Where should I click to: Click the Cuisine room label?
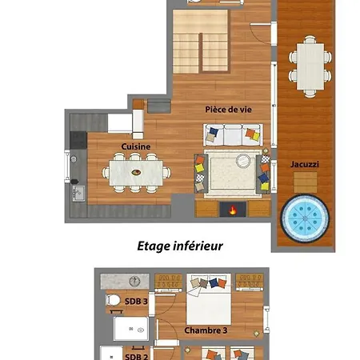136,146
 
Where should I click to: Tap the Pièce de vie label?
228,110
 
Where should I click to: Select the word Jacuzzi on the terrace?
305,164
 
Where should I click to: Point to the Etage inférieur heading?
180,246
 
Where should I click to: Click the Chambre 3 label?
206,330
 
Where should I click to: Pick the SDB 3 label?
136,302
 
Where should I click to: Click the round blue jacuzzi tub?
305,218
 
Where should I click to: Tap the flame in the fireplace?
233,210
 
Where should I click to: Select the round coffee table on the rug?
243,161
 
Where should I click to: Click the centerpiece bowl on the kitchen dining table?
136,172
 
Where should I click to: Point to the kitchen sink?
78,194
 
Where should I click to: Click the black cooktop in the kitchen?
78,140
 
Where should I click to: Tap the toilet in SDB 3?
113,300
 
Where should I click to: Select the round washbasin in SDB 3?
134,281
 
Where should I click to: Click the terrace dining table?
310,66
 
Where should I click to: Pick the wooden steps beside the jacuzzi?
306,182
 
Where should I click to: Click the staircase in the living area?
201,42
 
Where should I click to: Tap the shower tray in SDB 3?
131,329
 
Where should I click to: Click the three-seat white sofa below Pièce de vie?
233,135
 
